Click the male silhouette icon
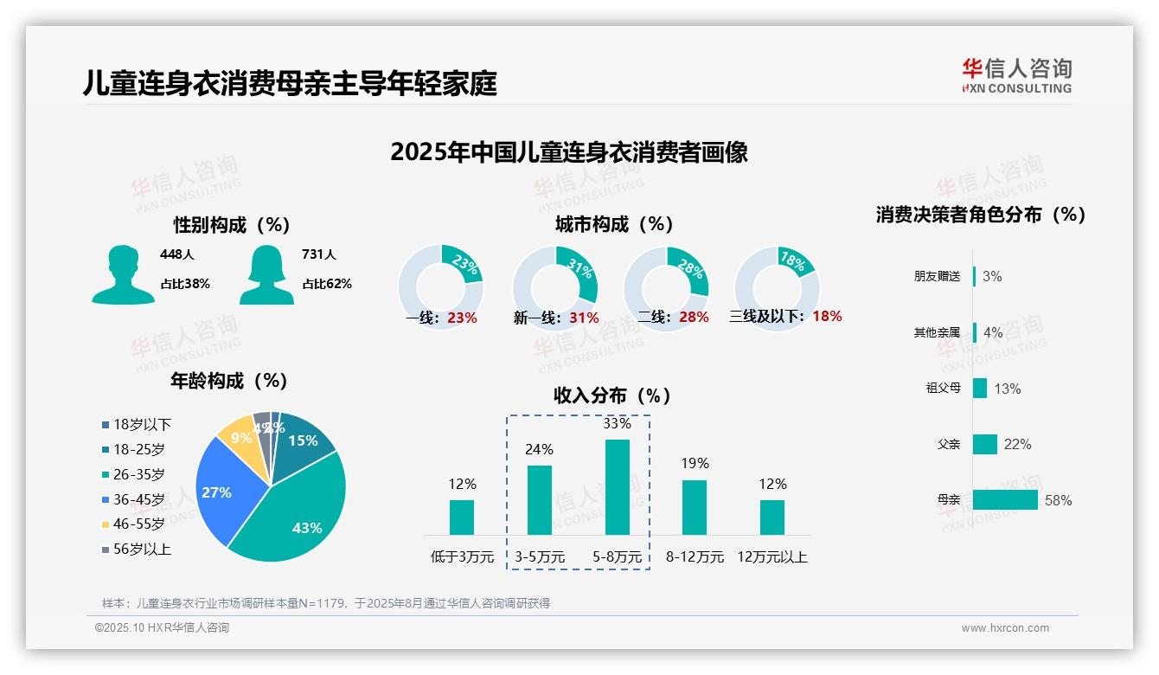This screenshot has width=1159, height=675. [123, 275]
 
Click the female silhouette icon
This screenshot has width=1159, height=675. [266, 275]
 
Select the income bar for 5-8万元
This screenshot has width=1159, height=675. [618, 487]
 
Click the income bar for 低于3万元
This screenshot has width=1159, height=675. [462, 517]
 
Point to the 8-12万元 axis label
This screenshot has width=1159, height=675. [695, 557]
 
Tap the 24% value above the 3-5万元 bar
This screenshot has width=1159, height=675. [540, 450]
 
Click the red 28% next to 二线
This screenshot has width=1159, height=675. [694, 318]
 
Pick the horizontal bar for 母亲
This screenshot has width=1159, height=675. [1005, 500]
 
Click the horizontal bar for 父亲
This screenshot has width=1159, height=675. [985, 444]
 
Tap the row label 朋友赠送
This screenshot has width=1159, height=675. [937, 277]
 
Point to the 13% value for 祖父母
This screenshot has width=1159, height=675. [1008, 389]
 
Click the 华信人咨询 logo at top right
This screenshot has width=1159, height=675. [1016, 76]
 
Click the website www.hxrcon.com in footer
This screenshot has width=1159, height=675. [1005, 628]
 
